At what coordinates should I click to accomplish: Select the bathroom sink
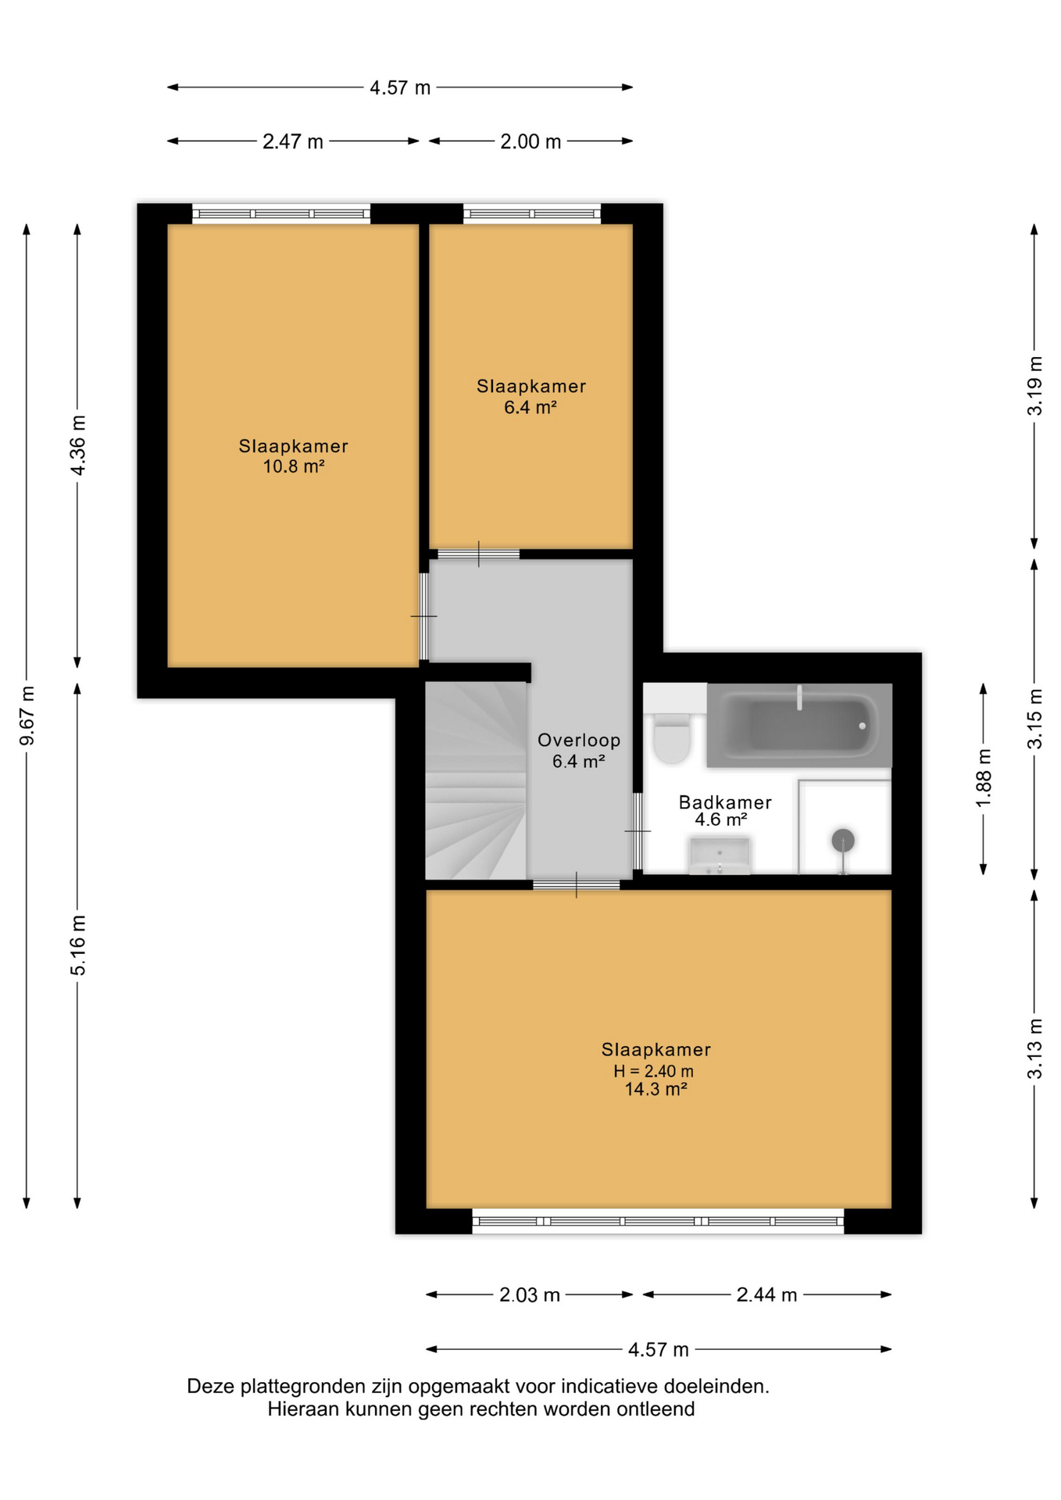click(x=720, y=855)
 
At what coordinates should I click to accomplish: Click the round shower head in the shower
click(x=843, y=841)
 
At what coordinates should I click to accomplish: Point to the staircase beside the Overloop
click(x=476, y=780)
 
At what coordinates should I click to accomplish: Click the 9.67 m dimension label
click(x=27, y=716)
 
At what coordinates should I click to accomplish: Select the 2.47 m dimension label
click(x=293, y=141)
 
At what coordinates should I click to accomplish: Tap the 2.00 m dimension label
click(x=530, y=141)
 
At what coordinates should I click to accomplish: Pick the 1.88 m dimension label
click(x=984, y=778)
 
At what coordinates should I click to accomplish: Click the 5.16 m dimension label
click(x=78, y=945)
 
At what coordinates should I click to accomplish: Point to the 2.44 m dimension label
click(x=766, y=1295)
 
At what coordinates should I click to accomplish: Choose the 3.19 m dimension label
click(x=1034, y=386)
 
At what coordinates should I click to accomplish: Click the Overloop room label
click(x=579, y=740)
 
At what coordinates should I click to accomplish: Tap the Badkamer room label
click(x=725, y=802)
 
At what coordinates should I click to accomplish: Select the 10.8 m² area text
click(x=294, y=466)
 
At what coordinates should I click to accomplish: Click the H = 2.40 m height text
click(x=654, y=1071)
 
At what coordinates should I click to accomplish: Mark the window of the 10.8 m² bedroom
click(x=281, y=213)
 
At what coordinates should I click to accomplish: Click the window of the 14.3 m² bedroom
click(x=659, y=1221)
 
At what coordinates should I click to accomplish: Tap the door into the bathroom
click(x=638, y=831)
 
